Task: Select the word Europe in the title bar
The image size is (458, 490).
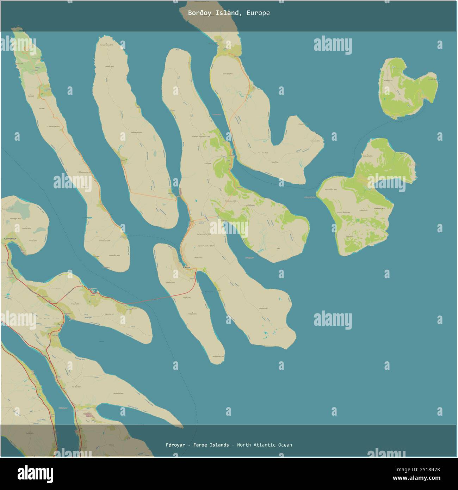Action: click(258, 13)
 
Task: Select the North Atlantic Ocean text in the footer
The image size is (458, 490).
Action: click(264, 445)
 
